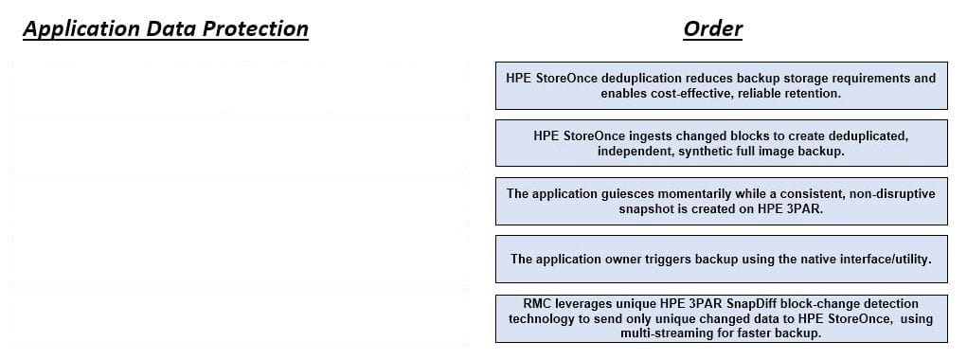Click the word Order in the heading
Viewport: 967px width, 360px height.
(x=712, y=29)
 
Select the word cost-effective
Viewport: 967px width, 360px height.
(x=680, y=94)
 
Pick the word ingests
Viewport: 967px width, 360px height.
(x=651, y=136)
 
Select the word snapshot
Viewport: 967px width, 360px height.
(x=644, y=209)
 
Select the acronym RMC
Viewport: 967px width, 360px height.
(x=536, y=304)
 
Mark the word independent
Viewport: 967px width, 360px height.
(x=636, y=152)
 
